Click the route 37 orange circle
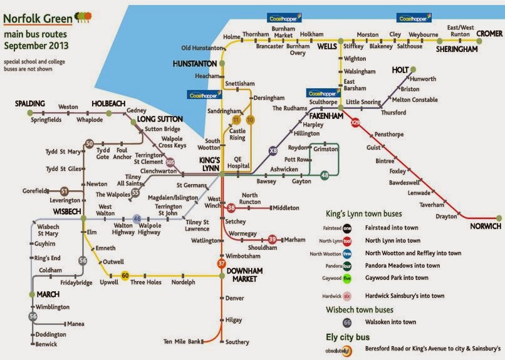click(222, 263)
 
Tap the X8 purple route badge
click(273, 151)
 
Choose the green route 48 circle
click(325, 176)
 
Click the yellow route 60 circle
click(125, 275)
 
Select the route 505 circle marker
click(170, 165)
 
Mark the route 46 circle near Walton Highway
click(137, 219)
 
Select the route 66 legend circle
click(346, 322)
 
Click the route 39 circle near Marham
click(272, 239)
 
